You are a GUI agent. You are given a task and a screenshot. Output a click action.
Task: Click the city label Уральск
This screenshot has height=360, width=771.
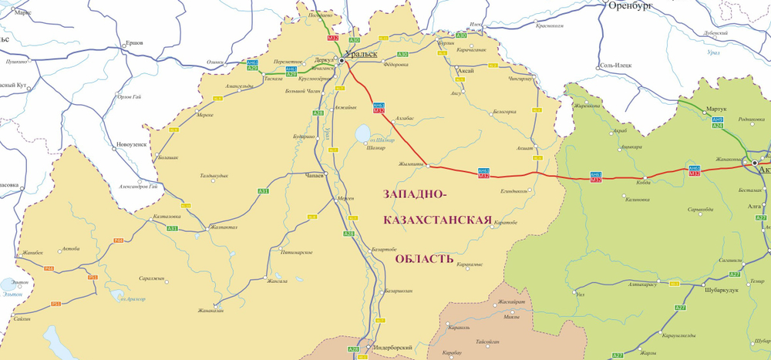pos(362,54)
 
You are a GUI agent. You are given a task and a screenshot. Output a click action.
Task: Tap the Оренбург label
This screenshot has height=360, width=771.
pos(631,5)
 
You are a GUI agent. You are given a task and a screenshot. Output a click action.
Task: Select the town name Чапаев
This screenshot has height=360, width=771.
pos(318,176)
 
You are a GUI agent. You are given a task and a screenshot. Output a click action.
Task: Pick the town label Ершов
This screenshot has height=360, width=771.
pos(133,42)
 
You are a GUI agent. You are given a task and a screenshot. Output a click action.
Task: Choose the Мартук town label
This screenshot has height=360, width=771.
pos(716,109)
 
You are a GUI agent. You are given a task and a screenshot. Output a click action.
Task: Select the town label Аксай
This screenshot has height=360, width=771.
pos(466,70)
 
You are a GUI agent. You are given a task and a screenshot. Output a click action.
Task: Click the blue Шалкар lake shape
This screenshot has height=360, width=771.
pos(361,134)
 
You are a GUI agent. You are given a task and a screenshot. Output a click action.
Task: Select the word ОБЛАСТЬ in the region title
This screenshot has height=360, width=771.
pos(424,258)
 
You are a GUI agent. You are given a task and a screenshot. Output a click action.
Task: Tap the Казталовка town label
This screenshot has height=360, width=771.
pos(167,217)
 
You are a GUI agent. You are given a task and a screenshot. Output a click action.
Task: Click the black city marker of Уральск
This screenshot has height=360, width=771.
pos(342,59)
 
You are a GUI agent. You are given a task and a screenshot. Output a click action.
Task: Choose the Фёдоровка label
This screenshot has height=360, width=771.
pos(395,65)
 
